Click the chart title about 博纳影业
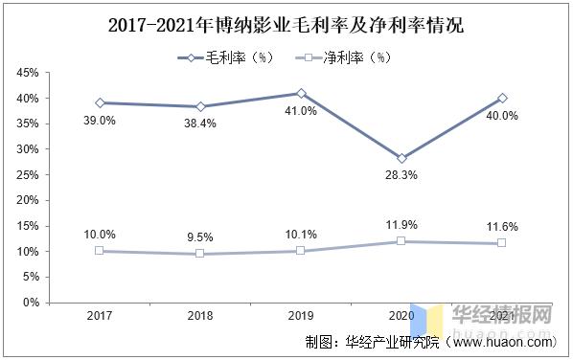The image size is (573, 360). point(286,21)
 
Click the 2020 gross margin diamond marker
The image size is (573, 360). point(401,158)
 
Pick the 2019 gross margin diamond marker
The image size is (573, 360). point(301,93)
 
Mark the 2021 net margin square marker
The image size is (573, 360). point(501,243)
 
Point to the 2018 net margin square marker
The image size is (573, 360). point(200,254)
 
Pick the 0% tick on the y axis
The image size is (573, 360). point(31,303)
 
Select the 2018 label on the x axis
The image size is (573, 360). point(200,315)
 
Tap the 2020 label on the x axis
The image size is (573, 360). point(401,315)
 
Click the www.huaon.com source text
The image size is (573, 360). point(500,341)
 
